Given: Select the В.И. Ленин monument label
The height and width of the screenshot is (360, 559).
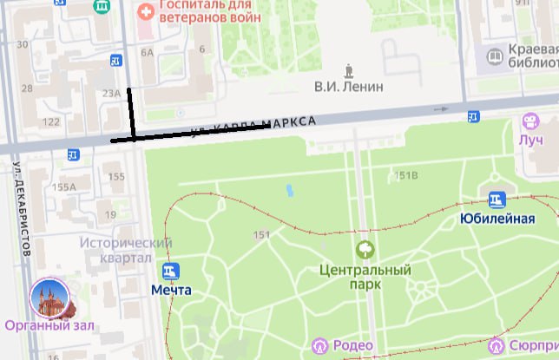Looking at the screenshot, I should pos(348,87).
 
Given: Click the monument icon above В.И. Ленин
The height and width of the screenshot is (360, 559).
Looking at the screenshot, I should pos(349,69).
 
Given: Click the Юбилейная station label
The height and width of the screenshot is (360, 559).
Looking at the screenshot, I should pos(497,218).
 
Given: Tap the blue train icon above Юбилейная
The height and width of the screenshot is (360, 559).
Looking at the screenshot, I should pos(497,200).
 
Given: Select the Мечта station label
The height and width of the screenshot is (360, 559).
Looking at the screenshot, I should pos(171,289).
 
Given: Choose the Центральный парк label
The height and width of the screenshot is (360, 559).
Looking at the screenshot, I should pos(365,276).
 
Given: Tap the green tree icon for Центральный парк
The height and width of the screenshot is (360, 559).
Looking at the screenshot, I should pos(365,250).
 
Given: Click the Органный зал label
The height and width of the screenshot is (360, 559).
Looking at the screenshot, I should pos(49,326).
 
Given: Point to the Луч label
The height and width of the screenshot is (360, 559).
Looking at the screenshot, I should pos(530,140).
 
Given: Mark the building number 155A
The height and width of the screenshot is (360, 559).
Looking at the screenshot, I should pos(65,186).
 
